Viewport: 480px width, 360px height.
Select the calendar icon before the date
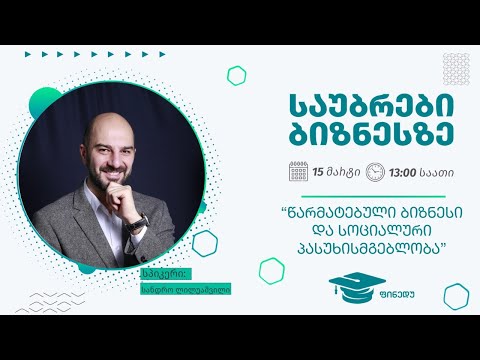(x=298, y=172)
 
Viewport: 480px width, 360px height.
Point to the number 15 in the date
(x=319, y=172)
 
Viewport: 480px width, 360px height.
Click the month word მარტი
(x=343, y=172)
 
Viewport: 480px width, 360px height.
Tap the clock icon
(x=375, y=172)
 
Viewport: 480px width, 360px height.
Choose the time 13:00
(x=402, y=172)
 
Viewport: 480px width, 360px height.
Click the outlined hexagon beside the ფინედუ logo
(x=272, y=270)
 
